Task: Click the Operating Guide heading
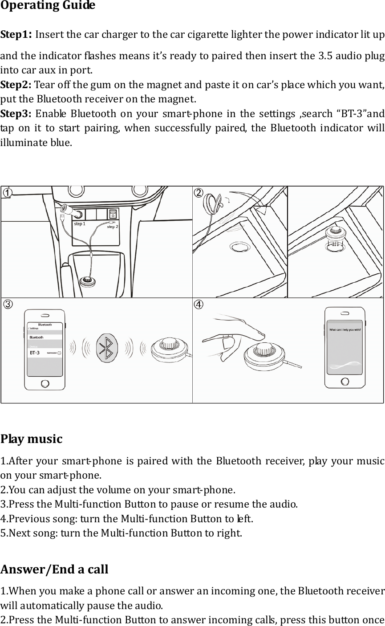[48, 6]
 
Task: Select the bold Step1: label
[17, 35]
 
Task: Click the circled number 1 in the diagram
[8, 192]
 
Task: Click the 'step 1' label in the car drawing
[80, 224]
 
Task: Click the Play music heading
[31, 439]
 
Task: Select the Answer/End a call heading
[54, 569]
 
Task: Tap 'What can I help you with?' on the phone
[345, 330]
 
